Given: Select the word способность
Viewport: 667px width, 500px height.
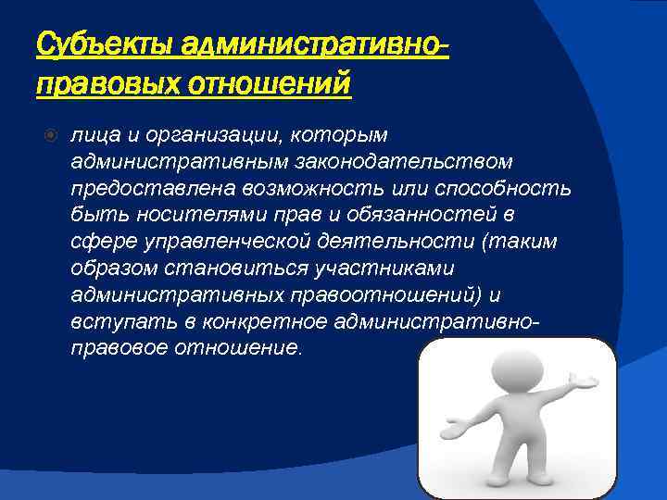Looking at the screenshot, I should click(503, 189).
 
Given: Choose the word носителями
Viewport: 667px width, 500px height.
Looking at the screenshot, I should click(168, 216).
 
